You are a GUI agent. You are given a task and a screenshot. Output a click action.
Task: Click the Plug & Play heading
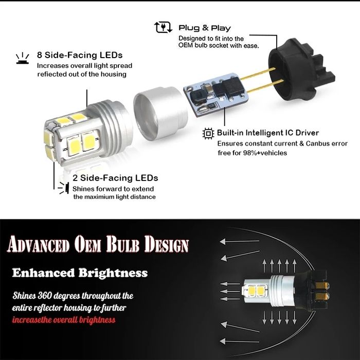(205, 28)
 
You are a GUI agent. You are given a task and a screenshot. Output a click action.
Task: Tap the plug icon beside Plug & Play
(163, 27)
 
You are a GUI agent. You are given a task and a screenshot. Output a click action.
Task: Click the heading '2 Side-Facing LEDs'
(115, 178)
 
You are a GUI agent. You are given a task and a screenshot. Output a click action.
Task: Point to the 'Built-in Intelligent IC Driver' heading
(268, 133)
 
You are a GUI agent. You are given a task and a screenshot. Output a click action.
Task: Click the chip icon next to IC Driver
(208, 133)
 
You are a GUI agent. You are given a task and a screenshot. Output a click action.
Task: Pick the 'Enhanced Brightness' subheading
(80, 273)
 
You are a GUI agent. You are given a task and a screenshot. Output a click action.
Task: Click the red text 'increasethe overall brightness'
(64, 320)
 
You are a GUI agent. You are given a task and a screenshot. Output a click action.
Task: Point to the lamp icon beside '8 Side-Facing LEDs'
(22, 57)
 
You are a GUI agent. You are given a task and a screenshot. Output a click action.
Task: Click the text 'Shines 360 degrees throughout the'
(73, 296)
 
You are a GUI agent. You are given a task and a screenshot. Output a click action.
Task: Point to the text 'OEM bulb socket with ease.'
(219, 46)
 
